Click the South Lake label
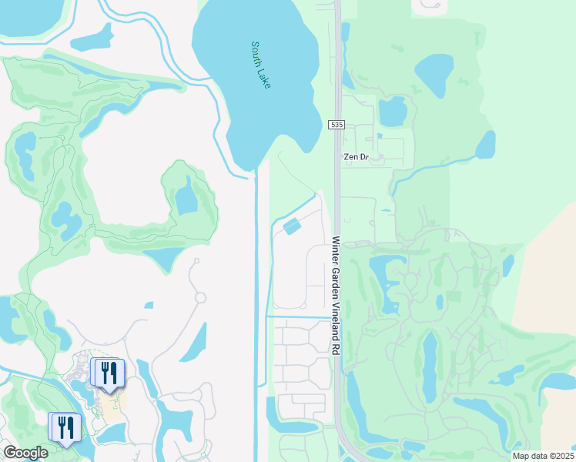(x=260, y=65)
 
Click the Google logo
(x=25, y=453)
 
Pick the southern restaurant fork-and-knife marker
(x=65, y=427)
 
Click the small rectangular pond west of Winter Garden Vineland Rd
(x=293, y=226)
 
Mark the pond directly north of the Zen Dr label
(x=393, y=112)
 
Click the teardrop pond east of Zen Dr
(x=486, y=144)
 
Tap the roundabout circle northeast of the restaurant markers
(x=201, y=297)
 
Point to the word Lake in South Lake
(x=265, y=77)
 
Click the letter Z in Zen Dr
(x=346, y=156)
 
